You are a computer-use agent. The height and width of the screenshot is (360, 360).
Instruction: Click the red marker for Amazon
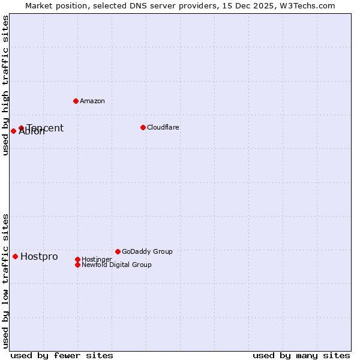(x=76, y=101)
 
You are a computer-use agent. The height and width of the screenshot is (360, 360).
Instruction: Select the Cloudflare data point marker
(x=143, y=127)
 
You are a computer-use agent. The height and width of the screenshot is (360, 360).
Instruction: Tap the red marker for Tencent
(x=21, y=128)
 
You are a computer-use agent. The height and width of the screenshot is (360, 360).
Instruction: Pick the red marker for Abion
(x=13, y=131)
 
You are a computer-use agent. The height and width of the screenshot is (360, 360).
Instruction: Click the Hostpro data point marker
(x=15, y=256)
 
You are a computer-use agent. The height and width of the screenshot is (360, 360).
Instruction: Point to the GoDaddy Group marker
(x=118, y=251)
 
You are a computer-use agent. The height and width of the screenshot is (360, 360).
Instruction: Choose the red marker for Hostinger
(x=77, y=259)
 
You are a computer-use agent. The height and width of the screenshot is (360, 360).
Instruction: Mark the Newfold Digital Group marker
(x=77, y=265)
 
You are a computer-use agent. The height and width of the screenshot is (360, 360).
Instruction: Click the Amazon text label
(x=92, y=101)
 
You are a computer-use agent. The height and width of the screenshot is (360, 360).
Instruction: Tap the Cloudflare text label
(x=163, y=127)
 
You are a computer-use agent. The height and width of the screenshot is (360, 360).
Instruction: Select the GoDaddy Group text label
(x=147, y=251)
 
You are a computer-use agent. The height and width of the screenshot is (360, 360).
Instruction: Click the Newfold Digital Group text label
(x=116, y=265)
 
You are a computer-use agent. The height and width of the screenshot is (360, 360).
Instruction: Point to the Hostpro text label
(x=39, y=257)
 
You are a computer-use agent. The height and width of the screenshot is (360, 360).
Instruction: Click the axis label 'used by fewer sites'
(x=62, y=355)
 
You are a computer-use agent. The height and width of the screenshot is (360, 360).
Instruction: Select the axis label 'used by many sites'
(x=301, y=355)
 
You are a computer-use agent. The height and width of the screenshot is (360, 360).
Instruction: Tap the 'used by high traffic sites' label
(x=5, y=85)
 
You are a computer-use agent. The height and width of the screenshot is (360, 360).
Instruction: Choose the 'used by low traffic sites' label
(x=5, y=281)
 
